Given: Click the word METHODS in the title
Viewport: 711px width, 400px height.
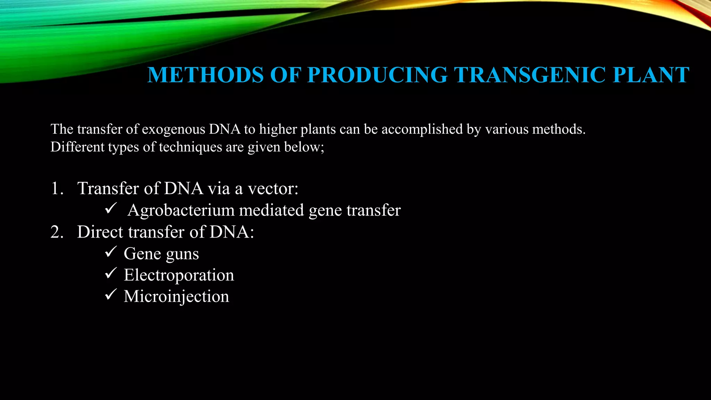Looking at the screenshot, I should [x=206, y=75].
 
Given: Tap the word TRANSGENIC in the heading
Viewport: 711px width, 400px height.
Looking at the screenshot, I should [x=530, y=75].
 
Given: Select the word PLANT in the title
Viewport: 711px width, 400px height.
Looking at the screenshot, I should [x=651, y=75].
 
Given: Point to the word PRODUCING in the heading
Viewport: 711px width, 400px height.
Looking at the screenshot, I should [x=377, y=75].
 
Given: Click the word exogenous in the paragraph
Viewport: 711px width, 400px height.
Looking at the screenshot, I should [x=174, y=130].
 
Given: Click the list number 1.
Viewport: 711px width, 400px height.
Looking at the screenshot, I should [x=57, y=189].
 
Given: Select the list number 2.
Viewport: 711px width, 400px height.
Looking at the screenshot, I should [x=57, y=232].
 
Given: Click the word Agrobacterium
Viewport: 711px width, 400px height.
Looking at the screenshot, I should [x=181, y=210].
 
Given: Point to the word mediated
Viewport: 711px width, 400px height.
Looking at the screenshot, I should [x=271, y=210].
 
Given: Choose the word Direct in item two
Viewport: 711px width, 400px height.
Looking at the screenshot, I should [x=100, y=232].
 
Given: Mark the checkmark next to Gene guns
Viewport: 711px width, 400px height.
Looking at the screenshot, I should [x=110, y=252].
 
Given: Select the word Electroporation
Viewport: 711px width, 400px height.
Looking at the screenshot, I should [x=179, y=275].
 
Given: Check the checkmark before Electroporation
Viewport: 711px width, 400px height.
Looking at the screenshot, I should [x=110, y=273].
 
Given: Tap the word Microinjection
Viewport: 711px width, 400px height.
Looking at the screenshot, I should [x=176, y=297].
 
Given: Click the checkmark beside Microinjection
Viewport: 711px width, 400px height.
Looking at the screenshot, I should [x=110, y=295].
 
